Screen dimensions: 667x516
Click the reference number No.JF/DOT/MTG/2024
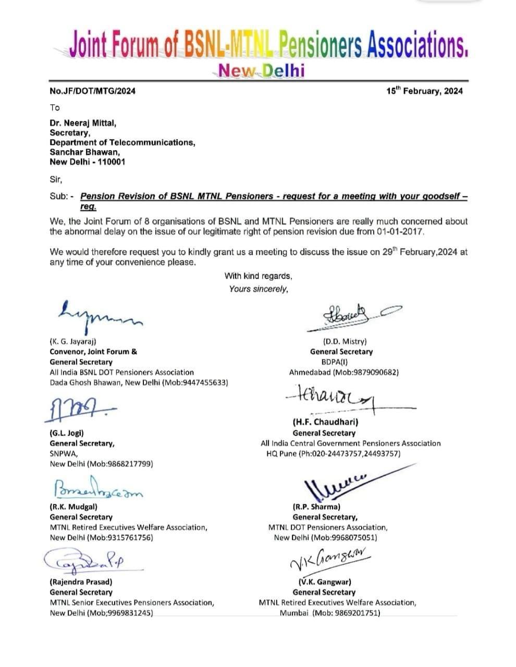pyautogui.click(x=92, y=91)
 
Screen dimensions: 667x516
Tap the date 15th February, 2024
pyautogui.click(x=424, y=91)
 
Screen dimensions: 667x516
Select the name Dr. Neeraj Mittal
pyautogui.click(x=83, y=123)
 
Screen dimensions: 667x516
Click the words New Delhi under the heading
pyautogui.click(x=261, y=70)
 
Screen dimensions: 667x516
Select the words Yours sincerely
pyautogui.click(x=258, y=289)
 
